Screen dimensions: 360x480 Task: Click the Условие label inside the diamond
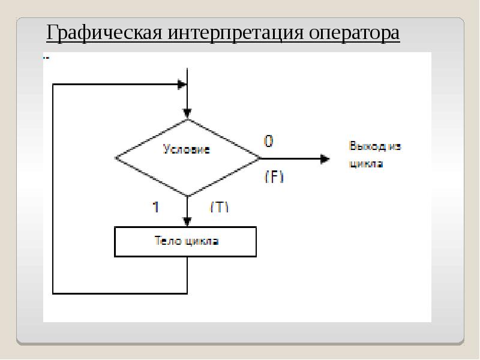pyautogui.click(x=187, y=149)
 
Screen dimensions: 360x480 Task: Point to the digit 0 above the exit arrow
pyautogui.click(x=268, y=141)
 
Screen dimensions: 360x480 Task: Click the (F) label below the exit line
pyautogui.click(x=274, y=177)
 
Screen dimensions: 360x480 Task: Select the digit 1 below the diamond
pyautogui.click(x=155, y=207)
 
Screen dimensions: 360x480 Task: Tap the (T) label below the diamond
pyautogui.click(x=220, y=207)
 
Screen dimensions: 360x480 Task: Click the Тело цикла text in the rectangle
pyautogui.click(x=187, y=241)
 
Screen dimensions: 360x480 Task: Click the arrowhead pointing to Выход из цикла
pyautogui.click(x=325, y=159)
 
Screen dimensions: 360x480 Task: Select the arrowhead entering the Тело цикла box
pyautogui.click(x=188, y=221)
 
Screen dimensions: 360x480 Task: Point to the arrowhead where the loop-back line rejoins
pyautogui.click(x=182, y=85)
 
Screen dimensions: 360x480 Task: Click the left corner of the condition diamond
pyautogui.click(x=116, y=158)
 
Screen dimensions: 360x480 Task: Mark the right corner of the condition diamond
pyautogui.click(x=260, y=158)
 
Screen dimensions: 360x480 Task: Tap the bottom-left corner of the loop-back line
pyautogui.click(x=53, y=293)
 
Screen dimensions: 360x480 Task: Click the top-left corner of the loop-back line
pyautogui.click(x=53, y=85)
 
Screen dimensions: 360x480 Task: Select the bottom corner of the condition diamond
pyautogui.click(x=188, y=196)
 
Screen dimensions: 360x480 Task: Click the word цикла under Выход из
pyautogui.click(x=366, y=163)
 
